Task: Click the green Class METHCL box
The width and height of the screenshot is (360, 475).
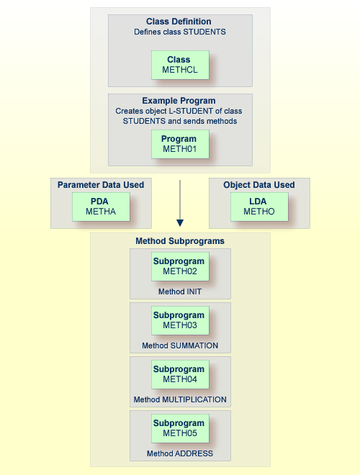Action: point(180,65)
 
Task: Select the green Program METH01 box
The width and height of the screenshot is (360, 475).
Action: point(180,144)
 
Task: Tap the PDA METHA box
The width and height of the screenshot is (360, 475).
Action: point(101,207)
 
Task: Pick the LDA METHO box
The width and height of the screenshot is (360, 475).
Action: point(259,207)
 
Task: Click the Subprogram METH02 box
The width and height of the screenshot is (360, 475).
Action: point(180,266)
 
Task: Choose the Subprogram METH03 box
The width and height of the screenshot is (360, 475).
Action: point(180,320)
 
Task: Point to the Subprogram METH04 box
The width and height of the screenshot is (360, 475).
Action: point(180,374)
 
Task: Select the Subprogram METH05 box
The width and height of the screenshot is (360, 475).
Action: point(180,428)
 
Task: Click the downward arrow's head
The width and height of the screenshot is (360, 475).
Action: point(180,223)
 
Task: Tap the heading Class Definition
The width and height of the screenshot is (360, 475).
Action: point(180,22)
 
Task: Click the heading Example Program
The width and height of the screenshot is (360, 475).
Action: point(180,101)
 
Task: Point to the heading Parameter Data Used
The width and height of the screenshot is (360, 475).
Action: point(101,185)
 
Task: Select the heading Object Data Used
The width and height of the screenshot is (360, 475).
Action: point(259,185)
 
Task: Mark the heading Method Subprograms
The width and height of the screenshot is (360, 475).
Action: point(180,240)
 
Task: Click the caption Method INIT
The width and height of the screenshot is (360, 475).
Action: point(180,291)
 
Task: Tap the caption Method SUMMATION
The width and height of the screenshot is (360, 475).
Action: point(180,345)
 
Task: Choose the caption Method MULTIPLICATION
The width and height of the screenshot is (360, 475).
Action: point(180,399)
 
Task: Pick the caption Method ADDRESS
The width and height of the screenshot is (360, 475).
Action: point(180,453)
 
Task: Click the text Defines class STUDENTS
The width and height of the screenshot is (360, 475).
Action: point(180,32)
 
